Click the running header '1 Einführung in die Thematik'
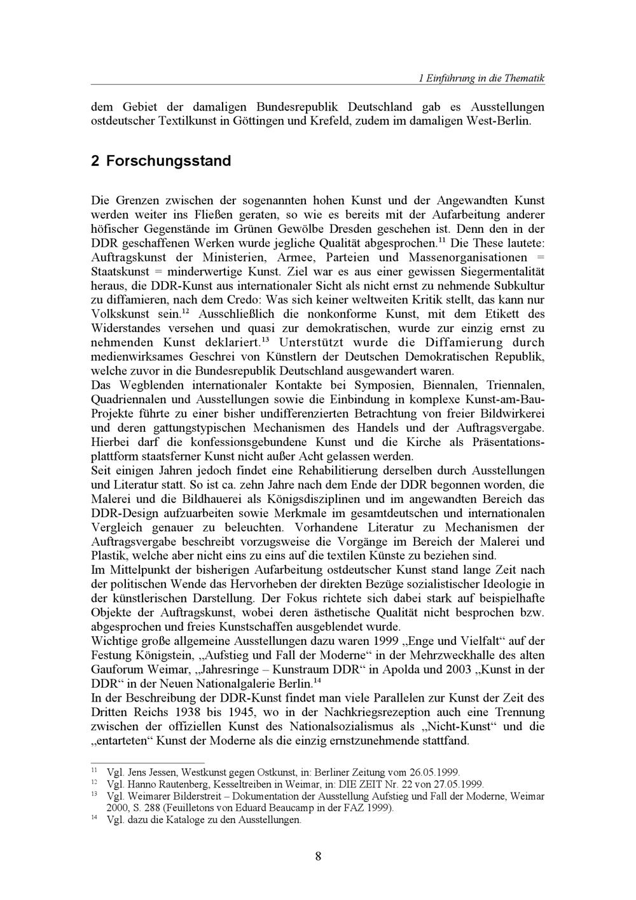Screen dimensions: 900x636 (x=481, y=78)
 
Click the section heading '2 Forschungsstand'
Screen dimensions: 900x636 (x=161, y=160)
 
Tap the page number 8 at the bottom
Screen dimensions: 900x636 (x=318, y=856)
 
